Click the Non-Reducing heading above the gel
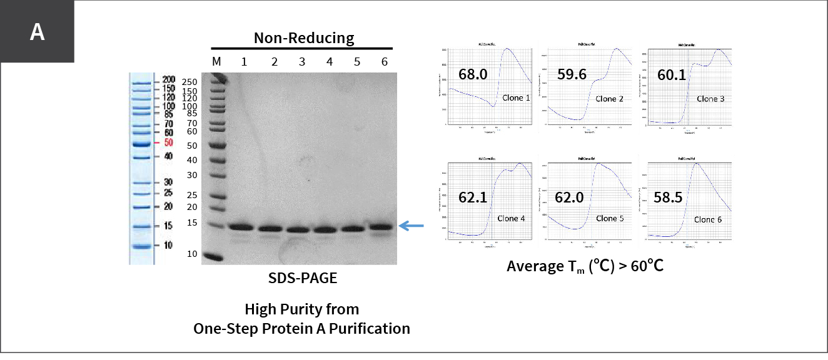pyautogui.click(x=303, y=38)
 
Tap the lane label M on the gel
pyautogui.click(x=217, y=61)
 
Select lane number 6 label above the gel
pyautogui.click(x=385, y=61)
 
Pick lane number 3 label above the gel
pyautogui.click(x=302, y=61)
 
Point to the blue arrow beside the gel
pyautogui.click(x=411, y=226)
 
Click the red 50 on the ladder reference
pyautogui.click(x=168, y=143)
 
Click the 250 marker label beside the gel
pyautogui.click(x=189, y=82)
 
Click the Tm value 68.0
pyautogui.click(x=473, y=74)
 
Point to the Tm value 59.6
pyautogui.click(x=572, y=74)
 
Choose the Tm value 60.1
pyautogui.click(x=672, y=75)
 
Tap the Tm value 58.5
pyautogui.click(x=669, y=197)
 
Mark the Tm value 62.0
pyautogui.click(x=570, y=197)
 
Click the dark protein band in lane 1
pyautogui.click(x=240, y=227)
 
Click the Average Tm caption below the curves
pyautogui.click(x=585, y=266)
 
